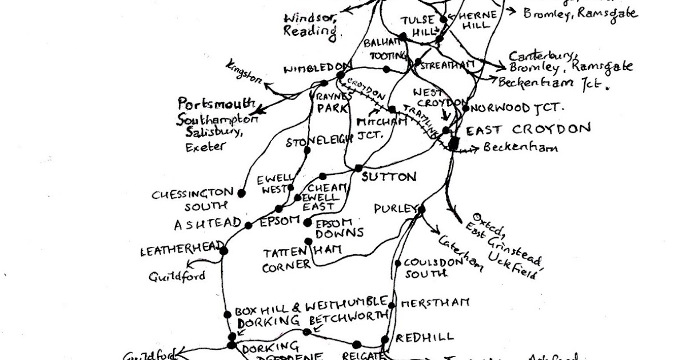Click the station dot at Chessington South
click(x=241, y=193)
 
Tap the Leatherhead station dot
click(x=224, y=250)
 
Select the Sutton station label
click(x=389, y=177)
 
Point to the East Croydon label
click(x=528, y=130)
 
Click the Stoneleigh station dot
click(x=307, y=151)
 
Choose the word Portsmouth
click(x=217, y=105)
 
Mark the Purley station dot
click(x=421, y=210)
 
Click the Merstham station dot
click(x=392, y=305)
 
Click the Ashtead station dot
click(x=248, y=225)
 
